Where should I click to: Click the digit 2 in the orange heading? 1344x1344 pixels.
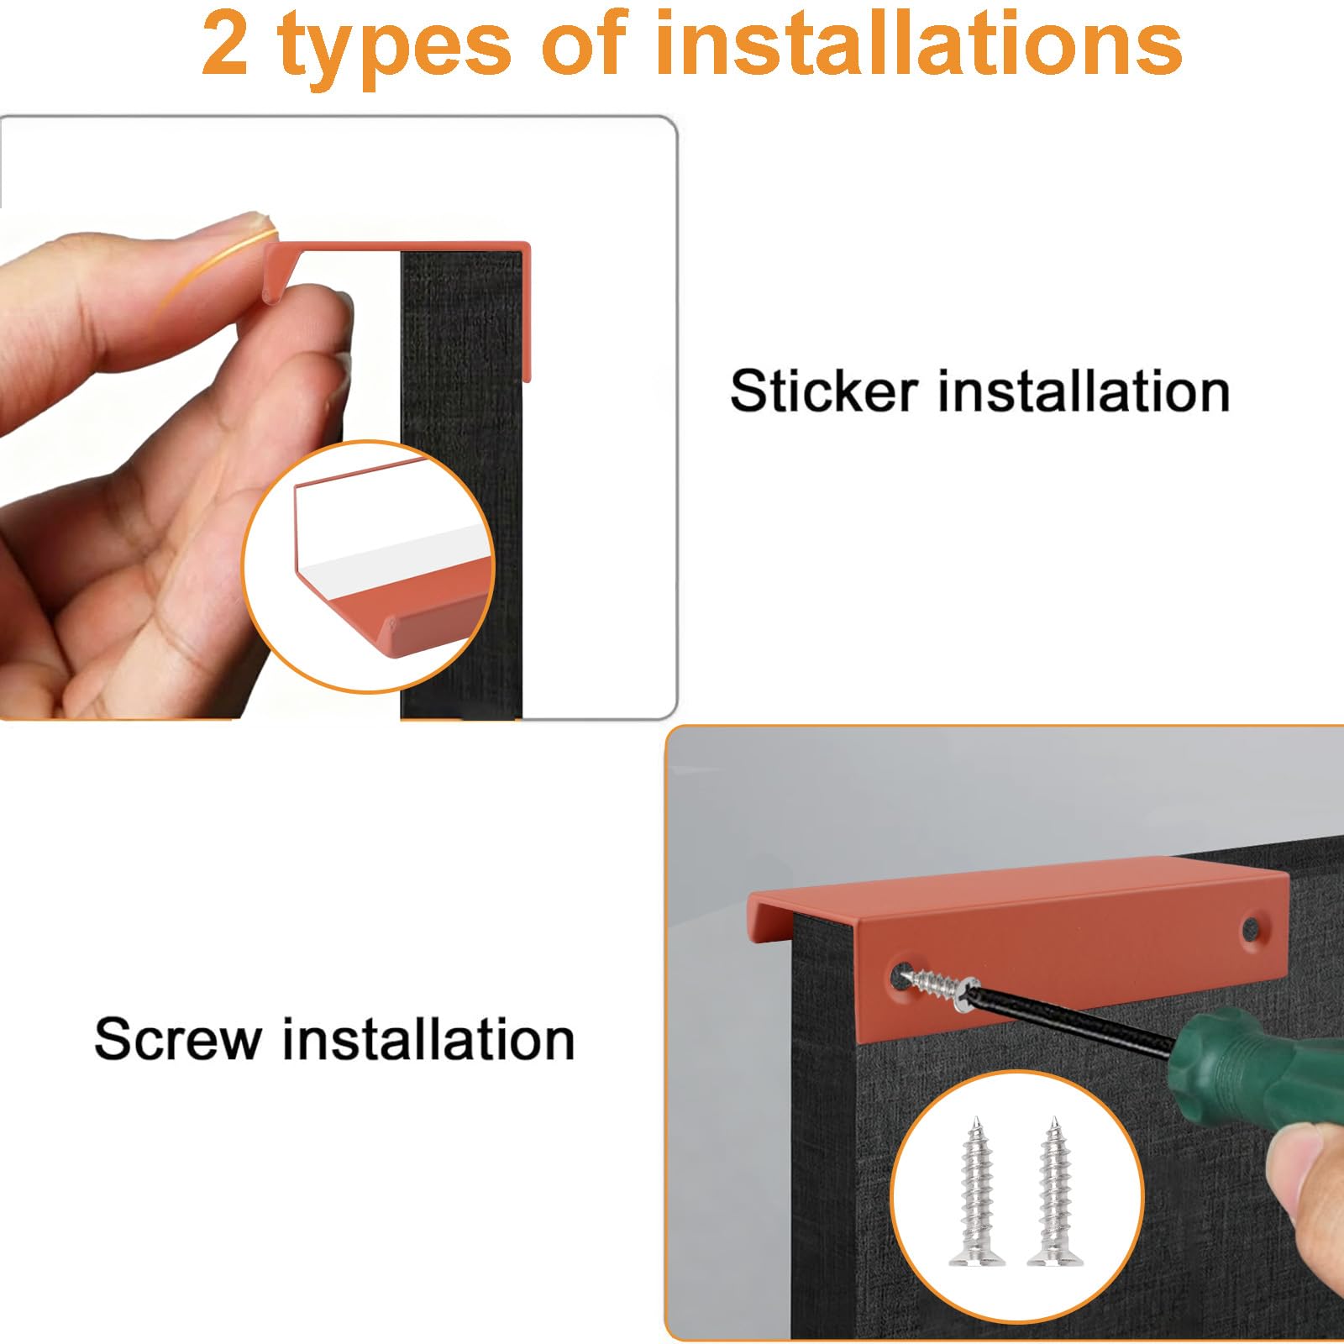tap(225, 45)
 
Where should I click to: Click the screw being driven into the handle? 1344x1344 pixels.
tap(937, 982)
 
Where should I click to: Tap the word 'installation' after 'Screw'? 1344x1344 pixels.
tap(428, 1039)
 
